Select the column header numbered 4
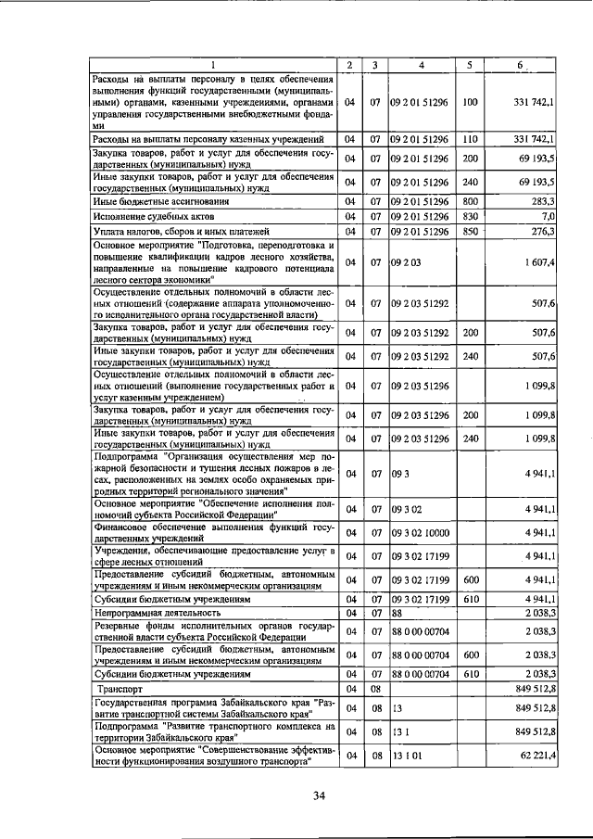pos(422,65)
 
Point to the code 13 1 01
pos(405,756)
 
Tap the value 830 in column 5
pos(470,216)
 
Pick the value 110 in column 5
pos(470,139)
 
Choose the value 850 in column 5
pos(470,231)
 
